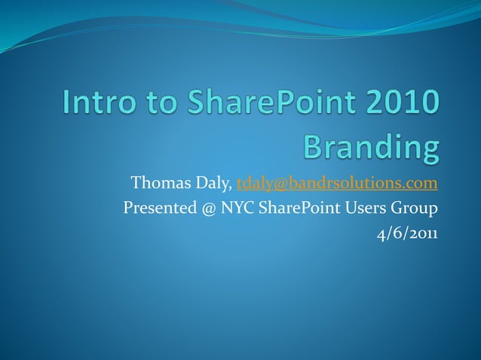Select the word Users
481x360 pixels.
pyautogui.click(x=368, y=208)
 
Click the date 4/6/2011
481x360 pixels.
pyautogui.click(x=407, y=233)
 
